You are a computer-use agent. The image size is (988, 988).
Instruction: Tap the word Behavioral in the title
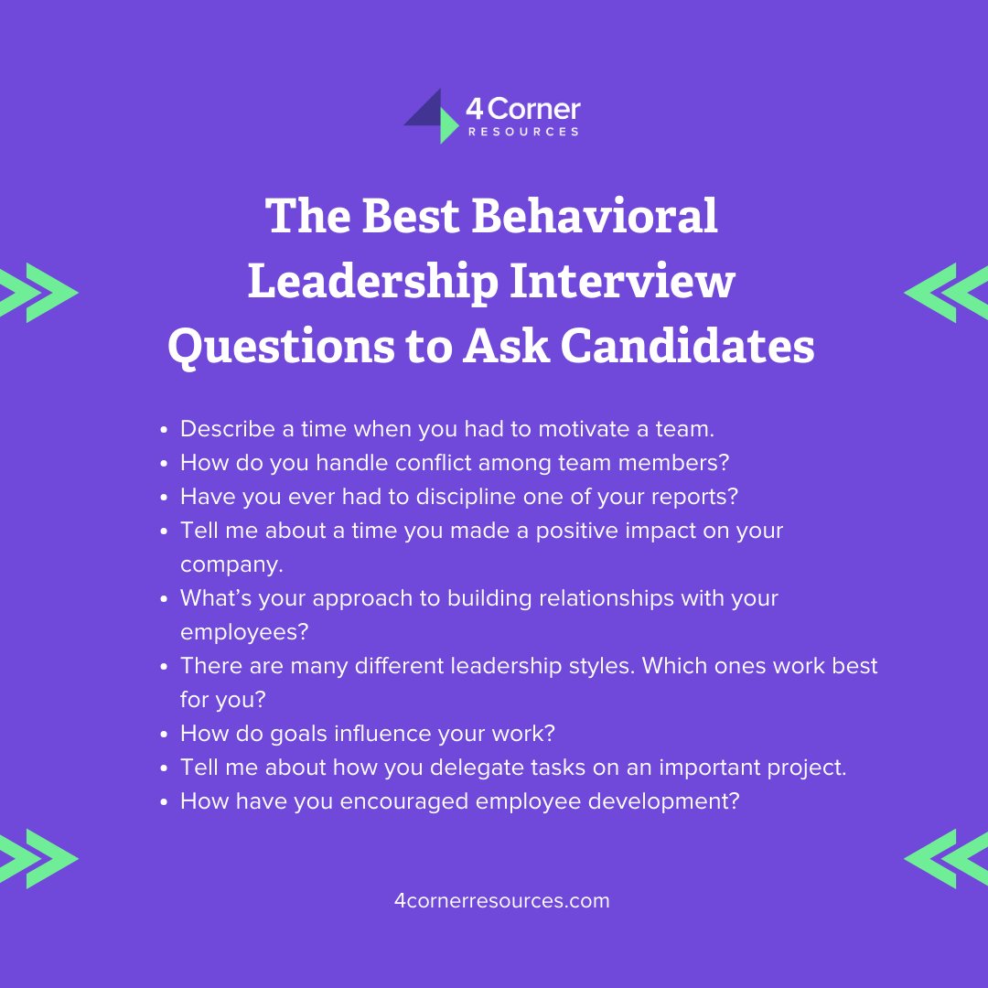pyautogui.click(x=596, y=217)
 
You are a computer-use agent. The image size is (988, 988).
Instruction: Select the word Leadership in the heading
pyautogui.click(x=372, y=281)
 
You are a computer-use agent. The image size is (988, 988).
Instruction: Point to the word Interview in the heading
pyautogui.click(x=621, y=281)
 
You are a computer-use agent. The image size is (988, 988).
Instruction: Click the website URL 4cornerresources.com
pyautogui.click(x=501, y=900)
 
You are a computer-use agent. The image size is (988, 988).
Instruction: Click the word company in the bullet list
pyautogui.click(x=231, y=564)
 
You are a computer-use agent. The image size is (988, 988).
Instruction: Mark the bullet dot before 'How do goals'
pyautogui.click(x=164, y=734)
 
